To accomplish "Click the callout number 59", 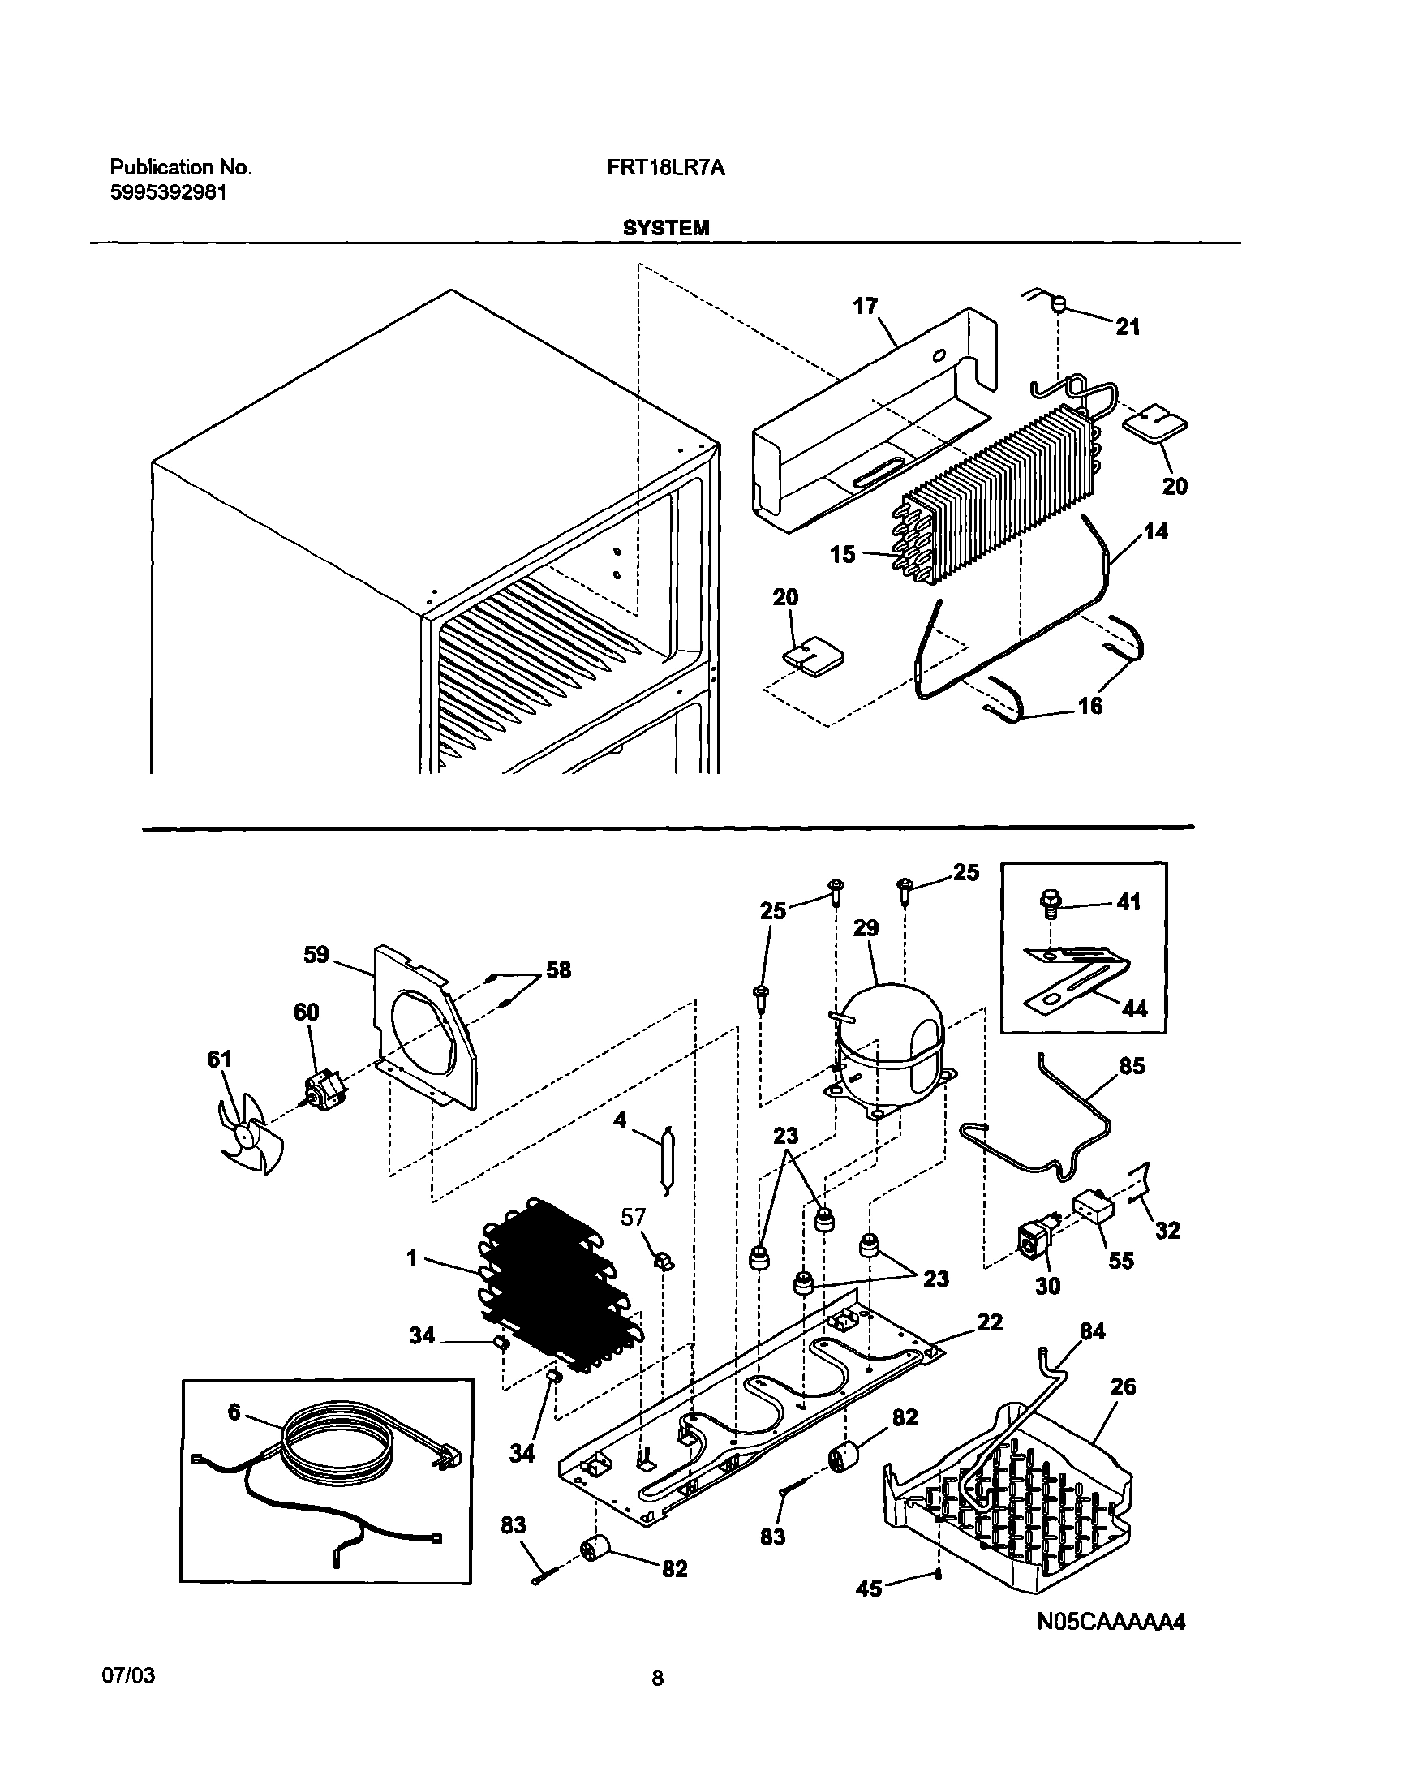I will coord(316,955).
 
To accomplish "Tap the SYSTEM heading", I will coord(665,228).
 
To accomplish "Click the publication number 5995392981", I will coord(168,193).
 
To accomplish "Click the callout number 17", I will coord(866,306).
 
